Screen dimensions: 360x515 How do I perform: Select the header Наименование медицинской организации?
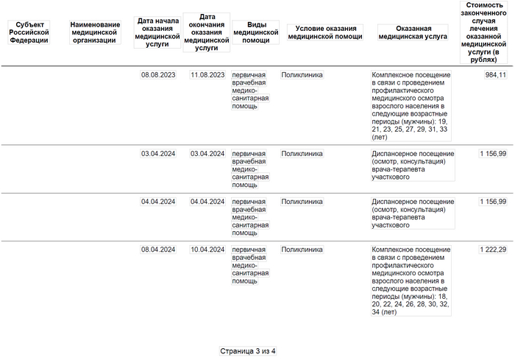point(95,32)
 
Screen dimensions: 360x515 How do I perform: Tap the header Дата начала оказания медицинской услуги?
point(158,32)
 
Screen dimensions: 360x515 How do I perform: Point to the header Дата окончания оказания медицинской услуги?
point(207,32)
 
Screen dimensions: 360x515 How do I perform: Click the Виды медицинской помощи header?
point(255,32)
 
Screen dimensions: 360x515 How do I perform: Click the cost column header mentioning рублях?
point(485,32)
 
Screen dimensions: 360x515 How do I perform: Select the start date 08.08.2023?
point(158,75)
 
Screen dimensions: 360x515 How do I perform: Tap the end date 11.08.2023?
point(207,75)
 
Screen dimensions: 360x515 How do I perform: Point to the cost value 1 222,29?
point(492,250)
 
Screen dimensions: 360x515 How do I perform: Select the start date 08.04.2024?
point(158,250)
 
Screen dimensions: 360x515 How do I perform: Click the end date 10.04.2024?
point(207,250)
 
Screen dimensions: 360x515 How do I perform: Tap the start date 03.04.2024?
point(158,154)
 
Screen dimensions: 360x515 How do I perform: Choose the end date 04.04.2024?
point(207,202)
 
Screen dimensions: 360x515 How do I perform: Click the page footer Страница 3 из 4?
point(248,351)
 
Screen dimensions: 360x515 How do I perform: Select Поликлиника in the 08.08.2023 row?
point(302,75)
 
